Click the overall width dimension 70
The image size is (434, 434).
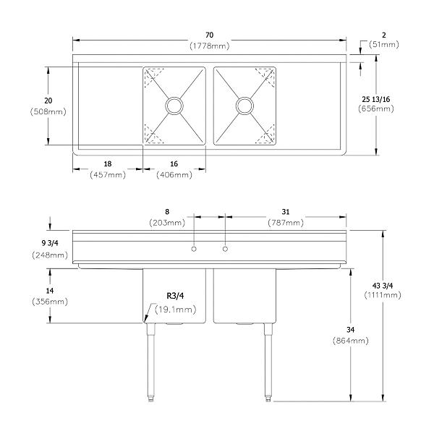(x=209, y=35)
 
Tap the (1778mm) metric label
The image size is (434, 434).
(x=209, y=46)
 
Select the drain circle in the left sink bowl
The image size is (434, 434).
(x=174, y=106)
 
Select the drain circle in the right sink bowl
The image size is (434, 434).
(x=244, y=106)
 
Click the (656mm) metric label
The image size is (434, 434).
(x=375, y=109)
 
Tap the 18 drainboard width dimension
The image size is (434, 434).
(x=107, y=164)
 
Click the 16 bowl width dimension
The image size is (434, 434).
(x=174, y=164)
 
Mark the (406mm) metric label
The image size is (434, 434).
(x=174, y=175)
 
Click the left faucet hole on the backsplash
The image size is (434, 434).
(x=193, y=250)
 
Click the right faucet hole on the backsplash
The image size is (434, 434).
(x=226, y=250)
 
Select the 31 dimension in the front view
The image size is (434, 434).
(x=286, y=211)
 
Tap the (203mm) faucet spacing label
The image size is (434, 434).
(x=167, y=223)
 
